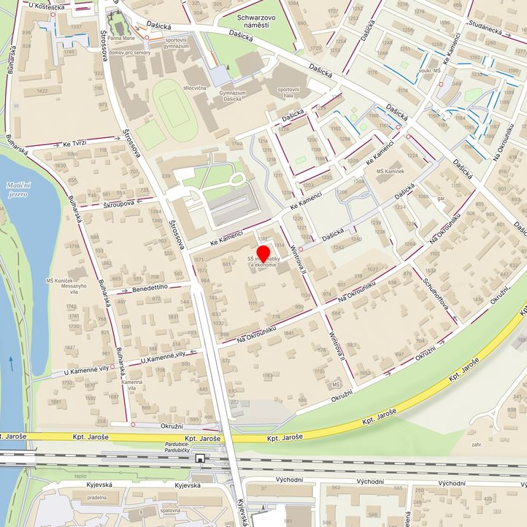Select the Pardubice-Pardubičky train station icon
pos(200,458)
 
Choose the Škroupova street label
pos(118,204)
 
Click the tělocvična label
pos(195,88)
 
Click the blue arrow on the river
pos(12,359)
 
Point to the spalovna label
pos(169,510)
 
